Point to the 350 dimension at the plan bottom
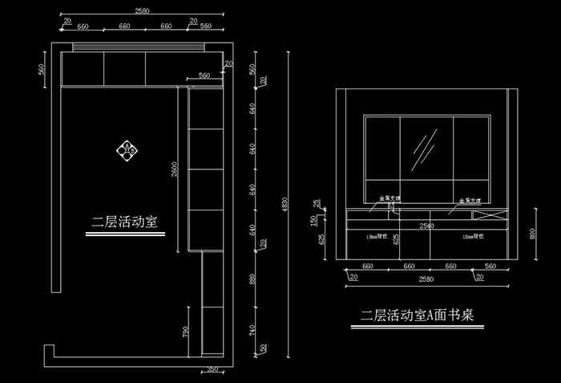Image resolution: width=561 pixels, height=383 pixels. [212, 369]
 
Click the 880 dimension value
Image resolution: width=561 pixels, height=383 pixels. [252, 280]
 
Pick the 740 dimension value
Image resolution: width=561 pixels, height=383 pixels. [252, 329]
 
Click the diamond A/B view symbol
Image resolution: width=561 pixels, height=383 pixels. [127, 149]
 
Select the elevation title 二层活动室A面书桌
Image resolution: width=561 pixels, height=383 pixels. [418, 316]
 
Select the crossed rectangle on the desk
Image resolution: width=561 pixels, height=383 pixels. [489, 214]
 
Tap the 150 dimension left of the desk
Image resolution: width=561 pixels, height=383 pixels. [313, 219]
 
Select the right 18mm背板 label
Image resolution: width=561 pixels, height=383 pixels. [471, 237]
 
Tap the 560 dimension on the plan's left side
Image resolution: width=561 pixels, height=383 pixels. [42, 70]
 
